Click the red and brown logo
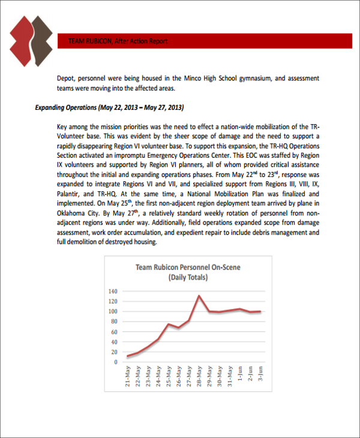coord(31,41)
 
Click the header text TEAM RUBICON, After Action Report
coord(118,41)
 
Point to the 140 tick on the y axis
coord(113,291)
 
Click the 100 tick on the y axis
coord(113,311)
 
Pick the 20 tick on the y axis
coord(115,352)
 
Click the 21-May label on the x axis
coord(128,377)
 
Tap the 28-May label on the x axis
coord(199,377)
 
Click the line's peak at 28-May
coord(199,295)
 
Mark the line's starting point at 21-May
coord(128,356)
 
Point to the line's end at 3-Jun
coord(260,311)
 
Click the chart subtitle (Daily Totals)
coord(188,277)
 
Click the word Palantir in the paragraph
coord(69,194)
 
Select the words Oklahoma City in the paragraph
coord(78,212)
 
